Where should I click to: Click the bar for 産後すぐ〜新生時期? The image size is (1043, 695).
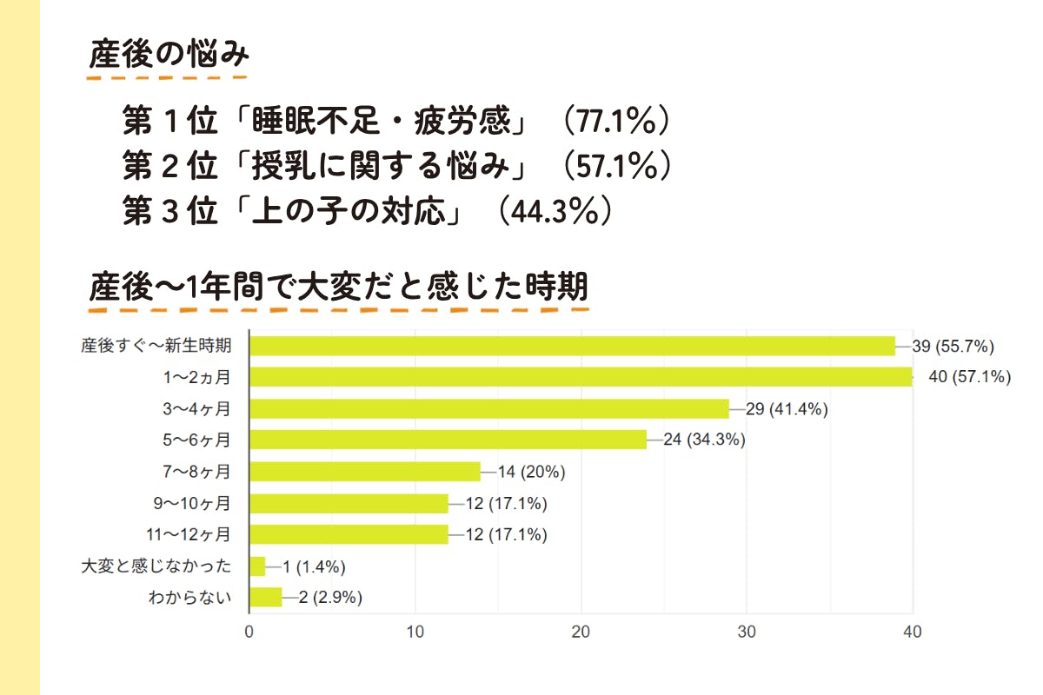[x=572, y=346]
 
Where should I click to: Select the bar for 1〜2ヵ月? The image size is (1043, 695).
[x=581, y=377]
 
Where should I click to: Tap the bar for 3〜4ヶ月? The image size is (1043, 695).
[x=488, y=408]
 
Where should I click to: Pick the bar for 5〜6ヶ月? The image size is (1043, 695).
[x=448, y=440]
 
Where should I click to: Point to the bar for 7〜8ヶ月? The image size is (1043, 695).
[x=365, y=472]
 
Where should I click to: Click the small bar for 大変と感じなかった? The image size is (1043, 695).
[x=257, y=566]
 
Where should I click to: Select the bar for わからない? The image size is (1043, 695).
[x=266, y=598]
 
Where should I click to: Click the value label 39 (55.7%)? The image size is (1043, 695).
[x=953, y=346]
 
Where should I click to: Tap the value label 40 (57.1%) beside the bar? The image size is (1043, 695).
[x=970, y=377]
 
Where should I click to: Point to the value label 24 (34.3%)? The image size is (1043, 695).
[x=704, y=440]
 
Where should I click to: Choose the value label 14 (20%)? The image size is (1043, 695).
[x=532, y=472]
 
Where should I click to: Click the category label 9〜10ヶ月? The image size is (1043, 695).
[x=191, y=503]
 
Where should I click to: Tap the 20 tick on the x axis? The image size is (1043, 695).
[x=581, y=632]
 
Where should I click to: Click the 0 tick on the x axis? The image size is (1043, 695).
[x=249, y=632]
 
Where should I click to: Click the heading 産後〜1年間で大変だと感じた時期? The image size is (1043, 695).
[x=339, y=286]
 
